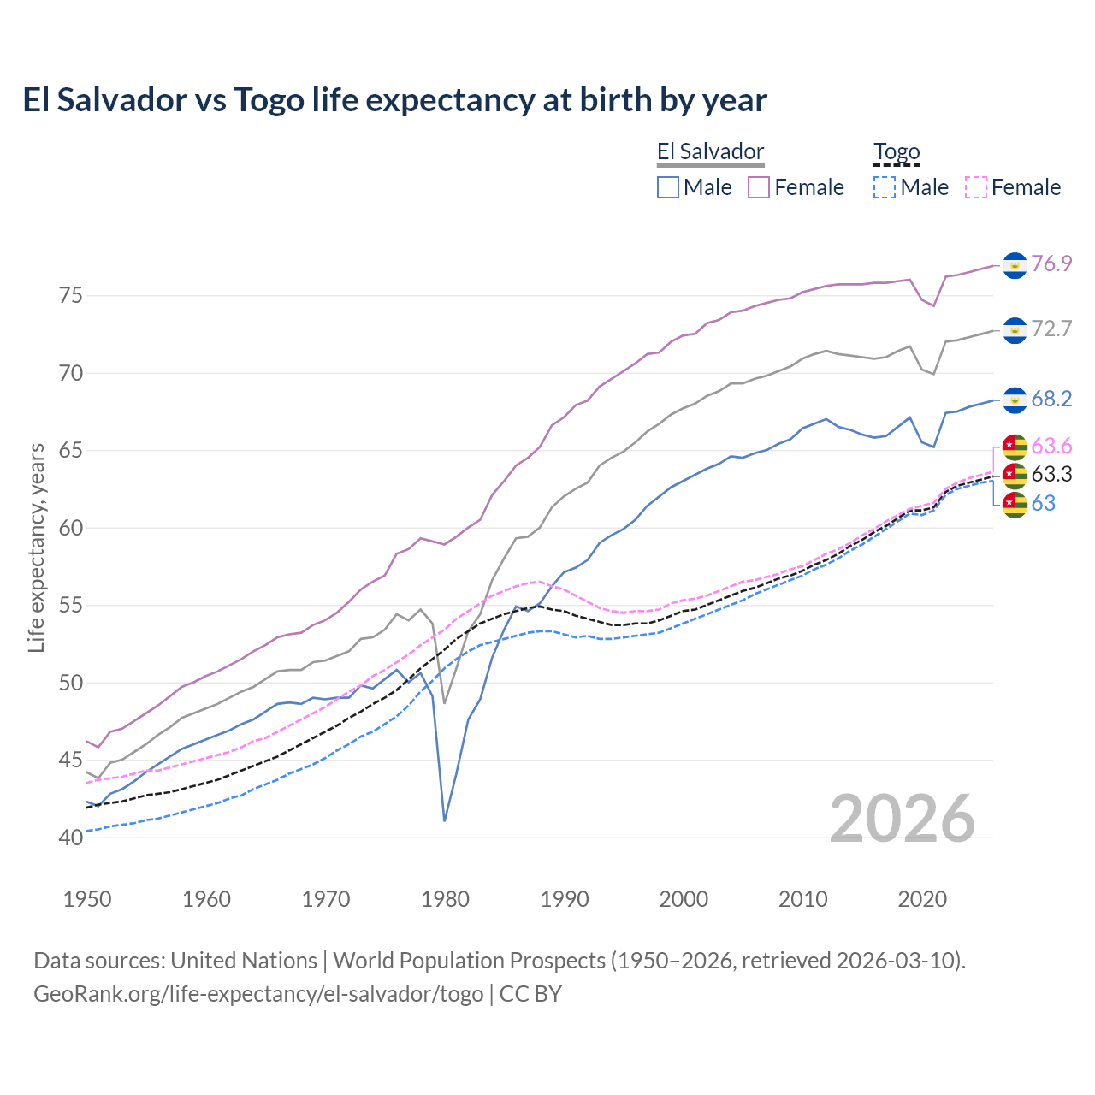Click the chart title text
[x=394, y=100]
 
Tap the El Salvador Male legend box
[x=668, y=187]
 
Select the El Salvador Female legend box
[x=759, y=187]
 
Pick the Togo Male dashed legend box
[x=885, y=187]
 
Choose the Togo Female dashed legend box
[x=975, y=187]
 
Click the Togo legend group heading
[x=896, y=152]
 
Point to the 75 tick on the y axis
[x=71, y=296]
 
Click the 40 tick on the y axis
[x=71, y=838]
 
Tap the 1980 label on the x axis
[x=445, y=899]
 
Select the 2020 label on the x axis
[x=922, y=899]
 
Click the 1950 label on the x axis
[x=87, y=899]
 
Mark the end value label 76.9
[x=1051, y=263]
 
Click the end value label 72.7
[x=1051, y=328]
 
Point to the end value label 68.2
[x=1051, y=400]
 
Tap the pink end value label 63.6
[x=1051, y=446]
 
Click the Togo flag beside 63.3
[x=1015, y=475]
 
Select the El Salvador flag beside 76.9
[x=1015, y=265]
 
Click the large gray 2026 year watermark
[x=903, y=819]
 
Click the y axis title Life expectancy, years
[x=37, y=547]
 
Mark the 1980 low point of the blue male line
[x=445, y=821]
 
